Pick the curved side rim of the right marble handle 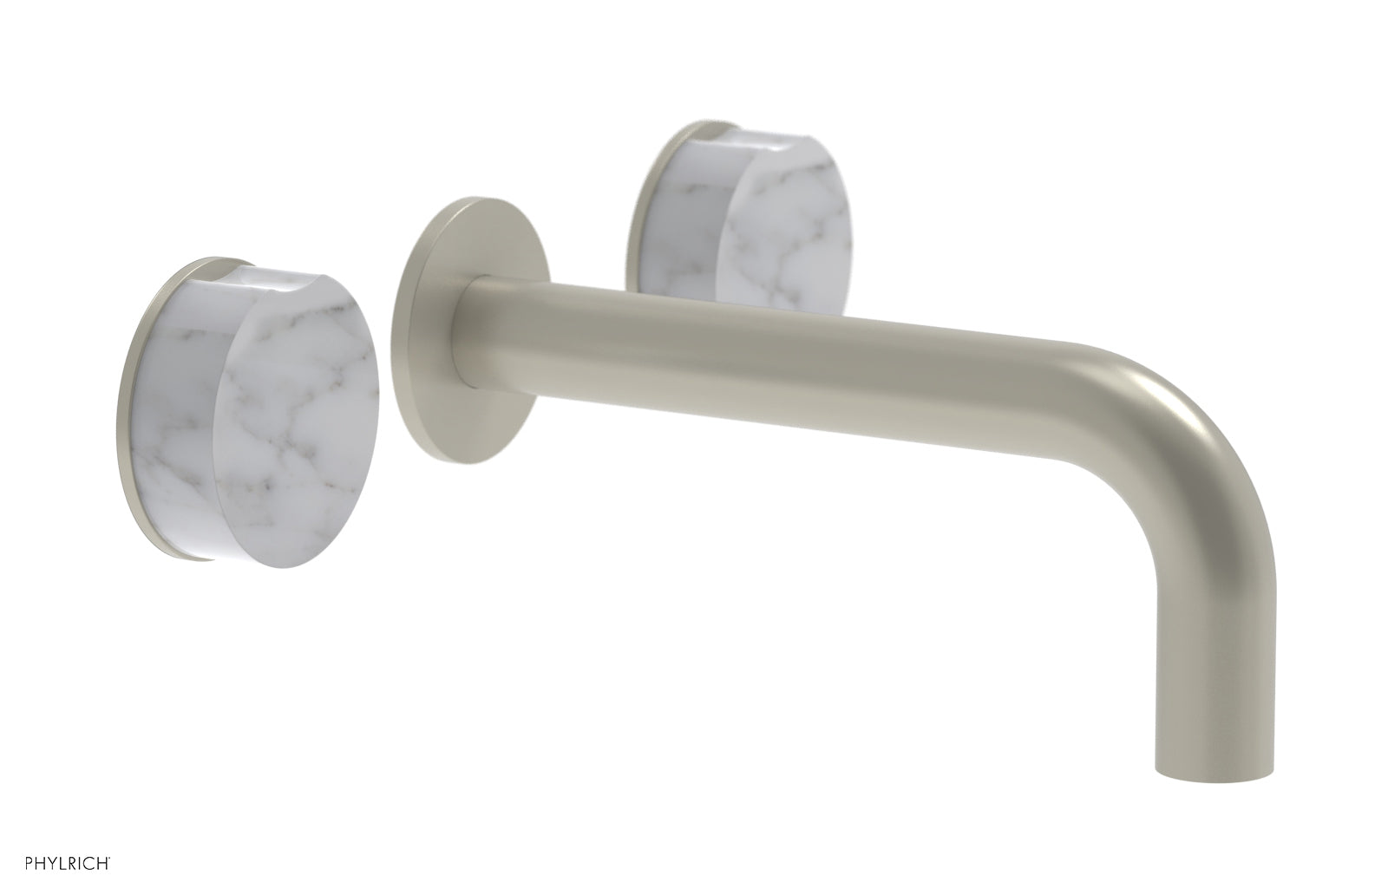click(685, 217)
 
